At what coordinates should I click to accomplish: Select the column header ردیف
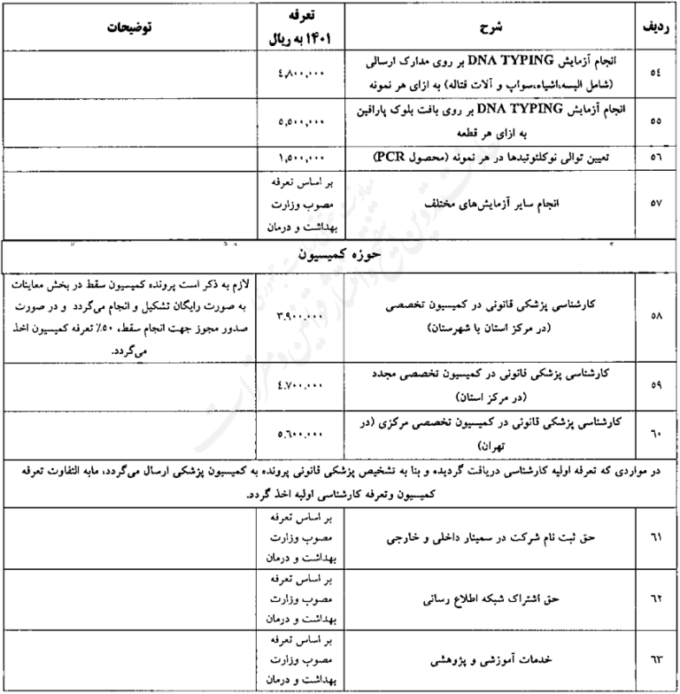[x=656, y=27]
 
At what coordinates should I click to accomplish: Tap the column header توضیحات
[x=128, y=27]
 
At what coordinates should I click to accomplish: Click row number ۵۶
[x=656, y=156]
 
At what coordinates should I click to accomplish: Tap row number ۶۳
[x=656, y=660]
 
